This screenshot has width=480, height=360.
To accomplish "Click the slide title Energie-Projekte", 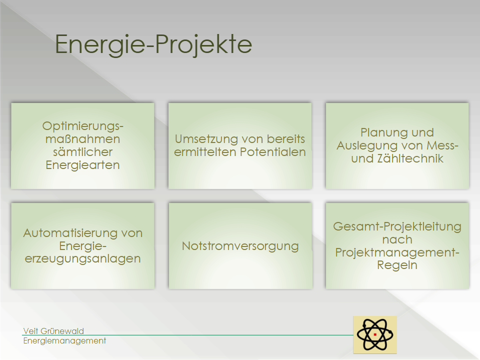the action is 153,44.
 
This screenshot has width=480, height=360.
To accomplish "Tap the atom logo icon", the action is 375,334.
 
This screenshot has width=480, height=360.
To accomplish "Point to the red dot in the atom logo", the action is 375,334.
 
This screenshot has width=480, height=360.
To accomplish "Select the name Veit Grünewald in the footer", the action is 53,331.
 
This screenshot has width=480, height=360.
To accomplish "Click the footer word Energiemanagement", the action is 64,340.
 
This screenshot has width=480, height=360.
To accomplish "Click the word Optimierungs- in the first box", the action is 82,126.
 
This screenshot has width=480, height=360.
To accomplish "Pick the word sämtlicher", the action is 82,152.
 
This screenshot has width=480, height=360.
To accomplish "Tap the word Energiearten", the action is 82,165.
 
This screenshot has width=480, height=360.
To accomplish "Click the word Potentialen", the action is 273,152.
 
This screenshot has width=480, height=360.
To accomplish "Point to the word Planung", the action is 384,132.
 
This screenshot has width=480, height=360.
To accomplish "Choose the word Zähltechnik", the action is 410,158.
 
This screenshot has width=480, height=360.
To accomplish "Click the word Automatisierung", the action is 70,233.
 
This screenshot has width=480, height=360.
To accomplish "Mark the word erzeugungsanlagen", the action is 82,259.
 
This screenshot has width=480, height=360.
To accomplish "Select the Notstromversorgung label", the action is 240,246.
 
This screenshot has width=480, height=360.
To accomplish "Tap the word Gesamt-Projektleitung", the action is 397,226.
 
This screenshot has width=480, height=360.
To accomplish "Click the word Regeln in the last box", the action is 397,265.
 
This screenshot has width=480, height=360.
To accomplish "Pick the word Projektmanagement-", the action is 397,252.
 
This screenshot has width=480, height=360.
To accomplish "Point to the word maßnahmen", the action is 82,139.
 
